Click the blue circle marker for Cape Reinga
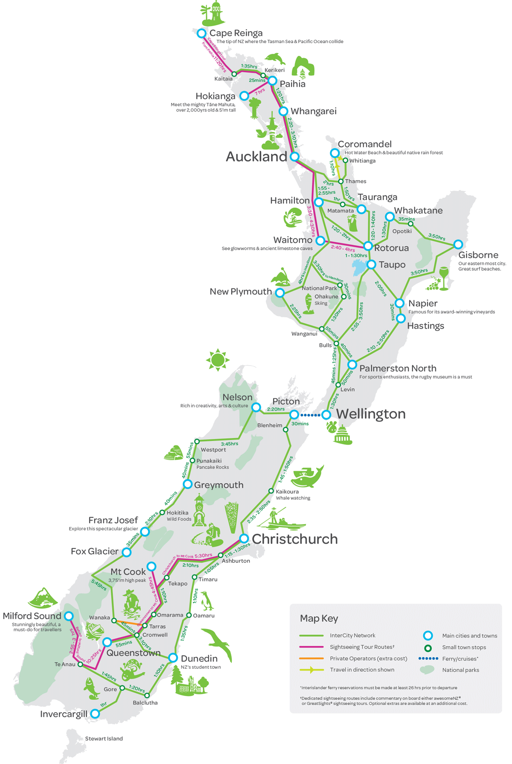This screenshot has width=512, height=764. point(201,33)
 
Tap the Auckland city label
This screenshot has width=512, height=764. point(256,157)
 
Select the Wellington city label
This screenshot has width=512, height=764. point(371,414)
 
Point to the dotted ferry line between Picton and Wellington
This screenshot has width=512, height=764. point(310,415)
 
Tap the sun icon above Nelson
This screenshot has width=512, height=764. point(218,360)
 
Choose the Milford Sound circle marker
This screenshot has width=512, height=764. point(69,616)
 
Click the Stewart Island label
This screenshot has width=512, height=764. point(104,738)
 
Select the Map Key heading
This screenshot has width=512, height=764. point(319,618)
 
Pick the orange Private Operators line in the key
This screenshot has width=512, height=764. point(311,658)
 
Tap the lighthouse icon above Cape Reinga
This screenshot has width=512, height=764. point(214,13)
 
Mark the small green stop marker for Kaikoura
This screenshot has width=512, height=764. point(271,491)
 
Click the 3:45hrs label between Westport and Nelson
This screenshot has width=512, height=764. point(230,444)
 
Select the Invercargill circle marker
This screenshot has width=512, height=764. point(95,714)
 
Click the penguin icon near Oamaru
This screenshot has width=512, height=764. point(207,600)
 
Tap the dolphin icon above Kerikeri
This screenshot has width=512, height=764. point(275,58)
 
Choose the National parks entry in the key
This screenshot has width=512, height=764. point(460,670)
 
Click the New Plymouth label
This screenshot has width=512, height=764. point(241,291)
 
